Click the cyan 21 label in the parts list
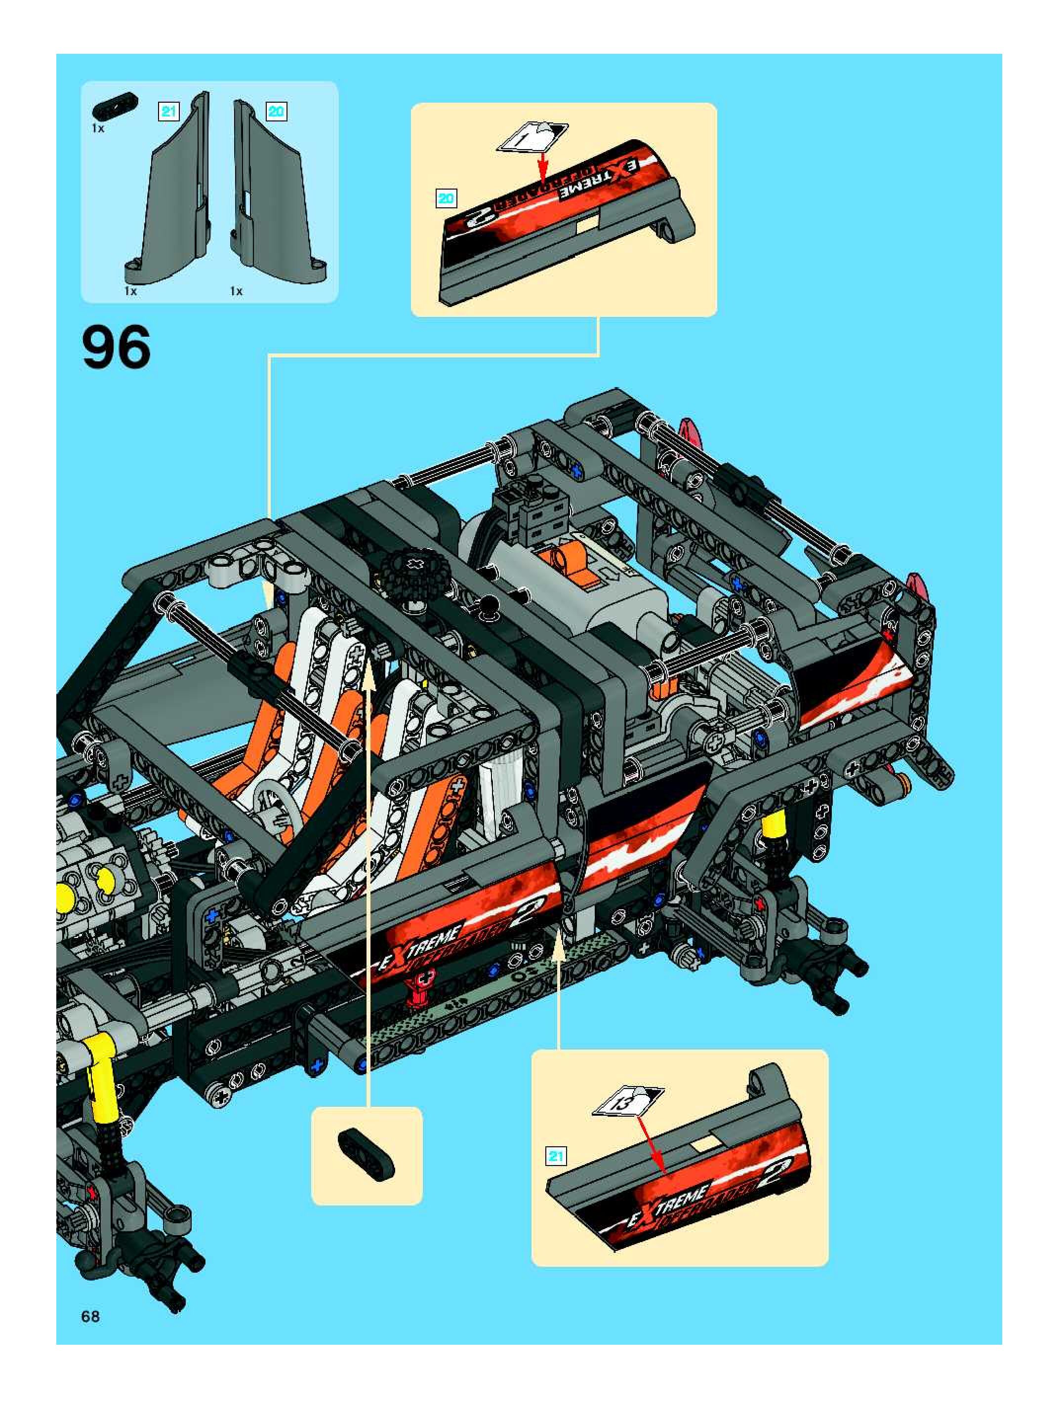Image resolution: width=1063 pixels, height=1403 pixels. pos(168,112)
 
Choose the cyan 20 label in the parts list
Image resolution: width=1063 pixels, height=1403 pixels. pos(276,112)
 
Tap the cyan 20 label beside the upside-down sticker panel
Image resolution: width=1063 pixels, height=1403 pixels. pos(446,198)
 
